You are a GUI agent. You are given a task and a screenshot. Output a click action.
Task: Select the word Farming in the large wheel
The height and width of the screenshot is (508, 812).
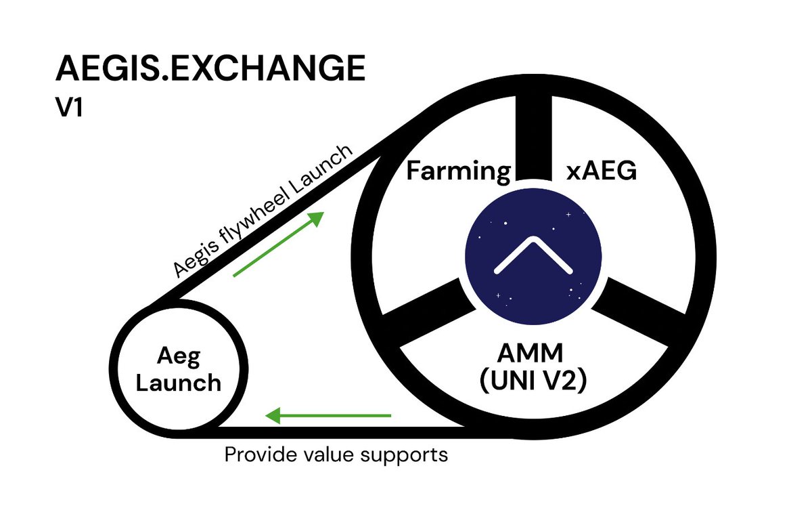pyautogui.click(x=457, y=171)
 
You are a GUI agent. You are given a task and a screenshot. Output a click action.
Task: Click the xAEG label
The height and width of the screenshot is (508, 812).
pyautogui.click(x=602, y=171)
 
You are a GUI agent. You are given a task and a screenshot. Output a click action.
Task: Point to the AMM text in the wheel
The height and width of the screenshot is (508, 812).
pyautogui.click(x=532, y=353)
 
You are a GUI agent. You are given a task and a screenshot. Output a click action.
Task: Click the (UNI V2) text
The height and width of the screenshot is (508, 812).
pyautogui.click(x=532, y=381)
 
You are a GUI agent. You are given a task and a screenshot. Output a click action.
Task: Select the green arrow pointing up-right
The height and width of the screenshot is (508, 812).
pyautogui.click(x=278, y=243)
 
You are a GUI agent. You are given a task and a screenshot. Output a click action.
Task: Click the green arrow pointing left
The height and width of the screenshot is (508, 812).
pyautogui.click(x=328, y=415)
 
